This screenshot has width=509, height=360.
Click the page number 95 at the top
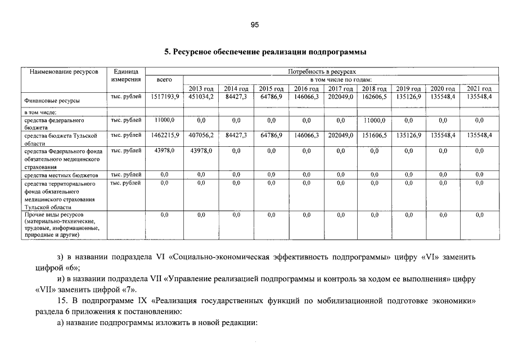coord(254,25)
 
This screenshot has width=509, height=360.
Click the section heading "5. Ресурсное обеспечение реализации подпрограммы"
coord(265,52)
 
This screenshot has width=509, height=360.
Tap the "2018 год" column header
coord(374,89)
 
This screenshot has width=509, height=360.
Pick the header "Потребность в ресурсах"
coord(322,72)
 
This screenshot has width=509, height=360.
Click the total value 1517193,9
coord(165,97)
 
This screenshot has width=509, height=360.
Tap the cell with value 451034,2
coord(201,97)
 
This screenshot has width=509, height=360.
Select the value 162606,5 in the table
coord(374,97)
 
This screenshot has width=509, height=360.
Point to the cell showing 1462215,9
coord(165,136)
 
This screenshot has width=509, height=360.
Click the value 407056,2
coord(201,136)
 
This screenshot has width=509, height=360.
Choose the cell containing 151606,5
coord(374,136)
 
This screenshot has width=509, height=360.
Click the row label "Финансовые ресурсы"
coord(52,101)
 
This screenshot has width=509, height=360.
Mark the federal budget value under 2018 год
coord(374,120)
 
